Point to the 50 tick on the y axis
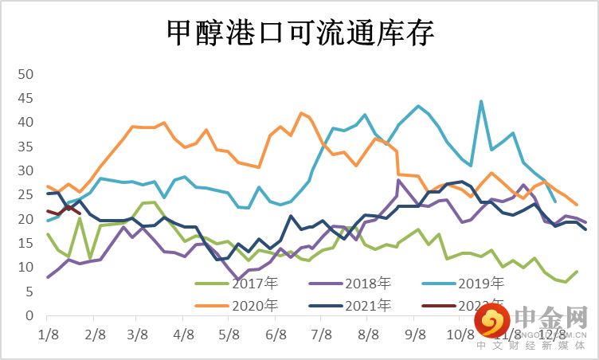point(25,74)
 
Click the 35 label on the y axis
point(25,147)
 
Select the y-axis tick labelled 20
point(25,219)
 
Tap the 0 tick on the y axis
point(29,315)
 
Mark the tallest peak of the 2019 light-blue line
point(481,101)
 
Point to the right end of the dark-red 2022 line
point(80,213)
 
